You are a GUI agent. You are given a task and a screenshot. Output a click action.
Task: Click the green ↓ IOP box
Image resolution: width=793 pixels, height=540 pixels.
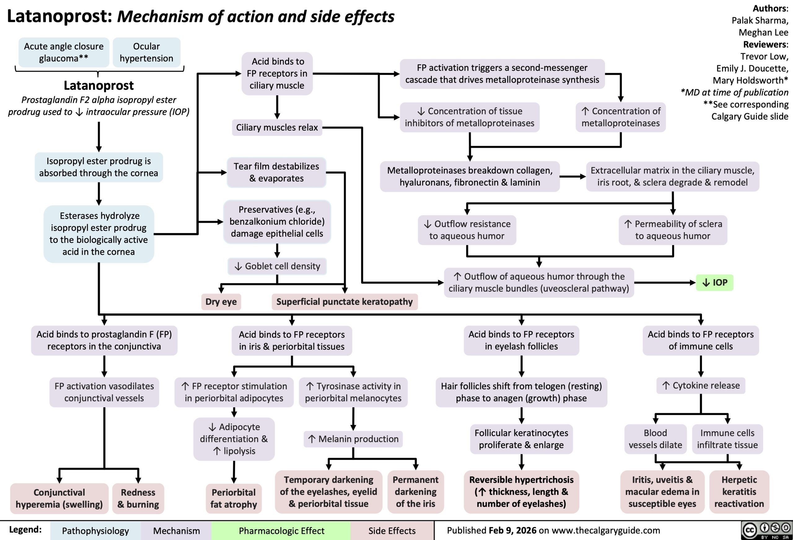(x=714, y=283)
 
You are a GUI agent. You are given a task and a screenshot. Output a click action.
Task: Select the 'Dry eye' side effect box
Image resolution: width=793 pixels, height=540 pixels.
(x=221, y=302)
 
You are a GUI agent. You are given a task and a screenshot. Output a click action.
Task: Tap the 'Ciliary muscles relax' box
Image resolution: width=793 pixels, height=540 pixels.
(x=277, y=127)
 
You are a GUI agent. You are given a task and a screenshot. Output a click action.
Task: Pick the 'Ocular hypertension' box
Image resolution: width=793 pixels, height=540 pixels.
(x=147, y=52)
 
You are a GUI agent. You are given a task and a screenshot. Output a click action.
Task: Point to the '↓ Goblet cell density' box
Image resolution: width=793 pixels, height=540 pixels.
(x=277, y=266)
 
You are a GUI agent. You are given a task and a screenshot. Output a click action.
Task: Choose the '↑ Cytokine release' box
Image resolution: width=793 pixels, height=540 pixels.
(x=701, y=386)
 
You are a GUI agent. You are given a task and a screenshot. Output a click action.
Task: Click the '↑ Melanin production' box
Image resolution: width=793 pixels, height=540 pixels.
(x=353, y=439)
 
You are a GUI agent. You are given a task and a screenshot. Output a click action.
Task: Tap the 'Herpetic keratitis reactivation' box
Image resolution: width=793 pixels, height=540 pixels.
(x=739, y=492)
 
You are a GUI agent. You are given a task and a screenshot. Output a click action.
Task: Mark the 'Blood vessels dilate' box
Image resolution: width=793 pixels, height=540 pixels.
(x=655, y=439)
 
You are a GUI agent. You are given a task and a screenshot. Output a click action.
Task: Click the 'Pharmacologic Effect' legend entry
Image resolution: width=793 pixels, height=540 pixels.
(x=281, y=530)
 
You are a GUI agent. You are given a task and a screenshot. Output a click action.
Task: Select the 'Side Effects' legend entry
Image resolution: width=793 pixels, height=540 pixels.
(x=392, y=530)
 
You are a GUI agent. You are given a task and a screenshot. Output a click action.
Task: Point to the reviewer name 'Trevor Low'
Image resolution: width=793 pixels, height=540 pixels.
(x=764, y=56)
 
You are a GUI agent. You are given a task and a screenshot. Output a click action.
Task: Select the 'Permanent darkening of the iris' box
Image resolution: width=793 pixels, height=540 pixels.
(x=416, y=492)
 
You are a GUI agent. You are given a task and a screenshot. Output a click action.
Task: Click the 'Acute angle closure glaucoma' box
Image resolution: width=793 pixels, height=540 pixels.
(x=64, y=52)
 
